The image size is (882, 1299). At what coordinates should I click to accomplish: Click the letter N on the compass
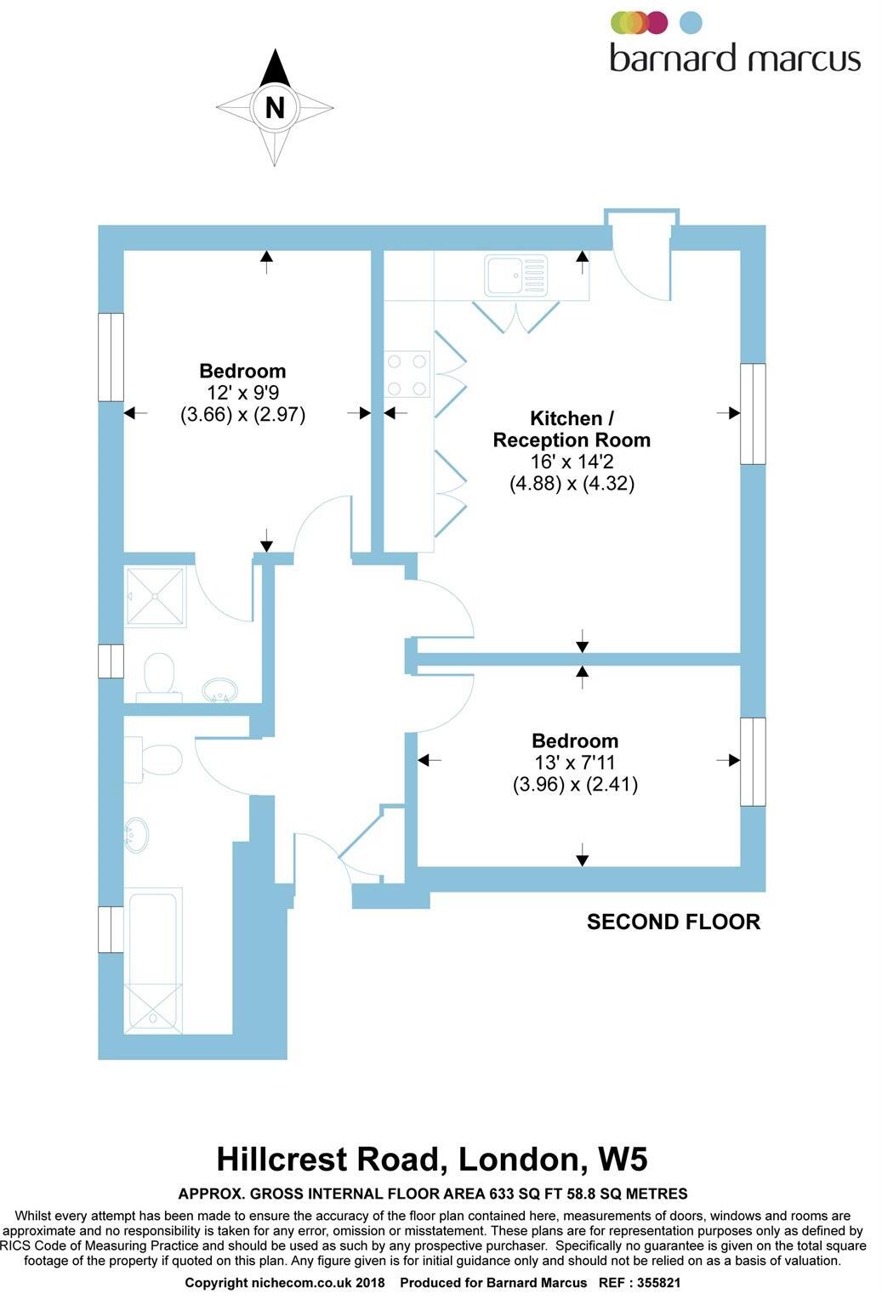pos(275,108)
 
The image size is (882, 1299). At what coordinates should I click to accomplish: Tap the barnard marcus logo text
pos(735,58)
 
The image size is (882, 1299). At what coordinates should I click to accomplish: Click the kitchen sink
pos(515,274)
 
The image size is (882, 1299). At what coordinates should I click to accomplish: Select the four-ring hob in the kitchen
pos(407,375)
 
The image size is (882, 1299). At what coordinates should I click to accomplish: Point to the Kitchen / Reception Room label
pos(572,429)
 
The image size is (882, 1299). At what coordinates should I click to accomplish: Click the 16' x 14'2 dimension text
pos(572,462)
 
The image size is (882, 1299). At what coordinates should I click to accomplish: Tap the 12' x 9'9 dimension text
pos(242,393)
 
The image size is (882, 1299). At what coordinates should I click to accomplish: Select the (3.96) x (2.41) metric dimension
pos(575,784)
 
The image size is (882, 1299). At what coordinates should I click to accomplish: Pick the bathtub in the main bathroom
pos(153,961)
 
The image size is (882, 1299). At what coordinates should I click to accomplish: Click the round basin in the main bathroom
pos(136,834)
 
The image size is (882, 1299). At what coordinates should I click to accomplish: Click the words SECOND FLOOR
pos(673,922)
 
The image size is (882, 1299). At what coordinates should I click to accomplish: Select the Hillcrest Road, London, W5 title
pos(432,1159)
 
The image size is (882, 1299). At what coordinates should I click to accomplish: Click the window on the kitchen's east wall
pos(753,414)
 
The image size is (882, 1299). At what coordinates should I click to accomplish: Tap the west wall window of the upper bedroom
pos(111,357)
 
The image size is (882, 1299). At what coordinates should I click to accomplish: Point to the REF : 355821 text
pos(640,1283)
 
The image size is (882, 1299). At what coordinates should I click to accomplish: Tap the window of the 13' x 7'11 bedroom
pos(753,761)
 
